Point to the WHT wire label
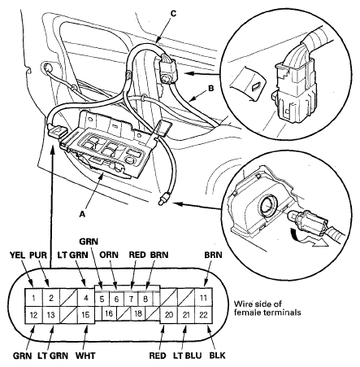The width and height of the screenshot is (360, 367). tap(86, 356)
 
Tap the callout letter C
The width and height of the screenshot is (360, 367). tap(171, 12)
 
